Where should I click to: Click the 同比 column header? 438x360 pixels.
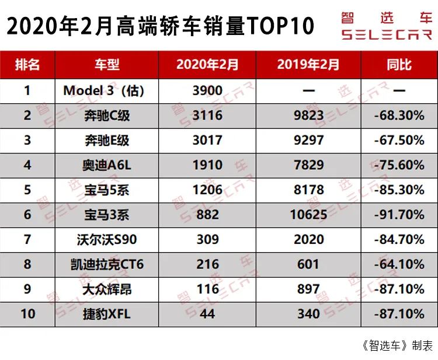399,64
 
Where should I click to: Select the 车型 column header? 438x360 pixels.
106,64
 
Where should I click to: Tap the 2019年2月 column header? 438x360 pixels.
308,64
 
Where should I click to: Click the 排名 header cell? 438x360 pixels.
27,64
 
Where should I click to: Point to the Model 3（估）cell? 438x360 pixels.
103,90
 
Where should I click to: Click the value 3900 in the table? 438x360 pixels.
207,90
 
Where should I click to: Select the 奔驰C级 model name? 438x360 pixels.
106,116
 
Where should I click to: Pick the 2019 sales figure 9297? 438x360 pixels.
308,141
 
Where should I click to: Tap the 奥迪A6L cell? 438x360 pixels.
106,165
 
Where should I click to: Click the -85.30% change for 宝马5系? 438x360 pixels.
399,190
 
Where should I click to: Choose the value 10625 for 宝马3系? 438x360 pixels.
308,215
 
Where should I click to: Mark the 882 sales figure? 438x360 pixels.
207,215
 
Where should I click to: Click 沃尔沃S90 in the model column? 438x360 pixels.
106,239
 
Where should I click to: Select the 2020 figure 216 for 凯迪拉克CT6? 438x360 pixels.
207,264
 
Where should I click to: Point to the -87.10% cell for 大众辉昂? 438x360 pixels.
399,289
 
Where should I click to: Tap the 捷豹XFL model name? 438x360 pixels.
106,314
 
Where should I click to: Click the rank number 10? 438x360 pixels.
27,314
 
